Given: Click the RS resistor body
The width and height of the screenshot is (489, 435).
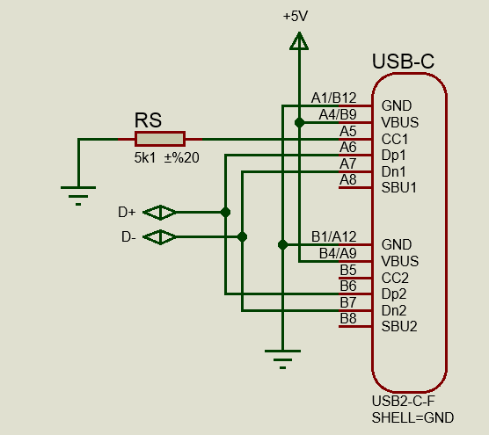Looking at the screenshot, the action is pyautogui.click(x=160, y=139).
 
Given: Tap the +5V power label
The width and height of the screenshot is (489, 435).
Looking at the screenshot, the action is pyautogui.click(x=296, y=16).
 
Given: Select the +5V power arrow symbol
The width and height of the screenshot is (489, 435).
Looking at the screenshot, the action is pyautogui.click(x=299, y=40).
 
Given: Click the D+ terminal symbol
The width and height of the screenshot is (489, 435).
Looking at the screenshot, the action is pyautogui.click(x=159, y=213).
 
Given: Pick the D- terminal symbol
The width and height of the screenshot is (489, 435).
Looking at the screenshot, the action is pyautogui.click(x=159, y=237).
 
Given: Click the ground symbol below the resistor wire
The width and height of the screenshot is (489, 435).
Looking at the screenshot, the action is pyautogui.click(x=78, y=196).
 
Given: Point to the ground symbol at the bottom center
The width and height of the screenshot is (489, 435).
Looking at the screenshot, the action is pyautogui.click(x=282, y=359).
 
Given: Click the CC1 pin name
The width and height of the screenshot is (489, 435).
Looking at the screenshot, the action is pyautogui.click(x=395, y=139).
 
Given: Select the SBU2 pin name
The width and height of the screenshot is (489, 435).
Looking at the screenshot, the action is pyautogui.click(x=399, y=326).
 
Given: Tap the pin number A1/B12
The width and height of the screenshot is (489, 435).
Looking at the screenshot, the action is pyautogui.click(x=333, y=98).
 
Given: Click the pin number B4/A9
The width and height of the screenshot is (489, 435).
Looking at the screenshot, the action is pyautogui.click(x=338, y=254).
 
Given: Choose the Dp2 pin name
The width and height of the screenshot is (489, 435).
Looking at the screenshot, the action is pyautogui.click(x=394, y=294).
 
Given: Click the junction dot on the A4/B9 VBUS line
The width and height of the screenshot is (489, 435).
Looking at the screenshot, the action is pyautogui.click(x=299, y=123).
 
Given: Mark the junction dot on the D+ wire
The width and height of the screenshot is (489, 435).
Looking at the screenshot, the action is pyautogui.click(x=225, y=213).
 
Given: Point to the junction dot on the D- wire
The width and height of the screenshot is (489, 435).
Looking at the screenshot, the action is pyautogui.click(x=242, y=237).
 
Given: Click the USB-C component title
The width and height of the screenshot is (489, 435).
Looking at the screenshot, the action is pyautogui.click(x=403, y=61).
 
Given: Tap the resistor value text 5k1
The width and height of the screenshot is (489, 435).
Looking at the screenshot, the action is pyautogui.click(x=145, y=158).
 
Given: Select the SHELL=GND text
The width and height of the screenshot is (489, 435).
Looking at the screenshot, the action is pyautogui.click(x=412, y=417).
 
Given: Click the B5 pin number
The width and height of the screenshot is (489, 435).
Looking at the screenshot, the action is pyautogui.click(x=348, y=270).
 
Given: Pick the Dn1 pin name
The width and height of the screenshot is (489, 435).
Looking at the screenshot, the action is pyautogui.click(x=393, y=171).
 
